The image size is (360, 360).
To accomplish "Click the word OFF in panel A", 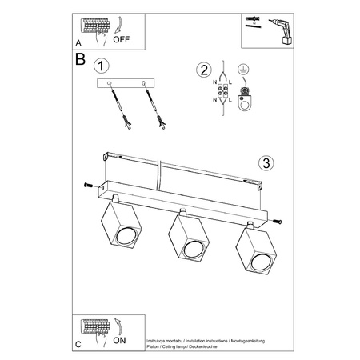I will (121, 38).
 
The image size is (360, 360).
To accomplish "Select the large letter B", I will (79, 60).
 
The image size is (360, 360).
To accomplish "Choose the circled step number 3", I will (267, 163).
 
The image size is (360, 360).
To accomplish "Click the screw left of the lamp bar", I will (84, 186).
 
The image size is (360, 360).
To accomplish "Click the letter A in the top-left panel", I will (78, 43).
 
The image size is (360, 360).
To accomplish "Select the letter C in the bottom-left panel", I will (78, 344).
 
